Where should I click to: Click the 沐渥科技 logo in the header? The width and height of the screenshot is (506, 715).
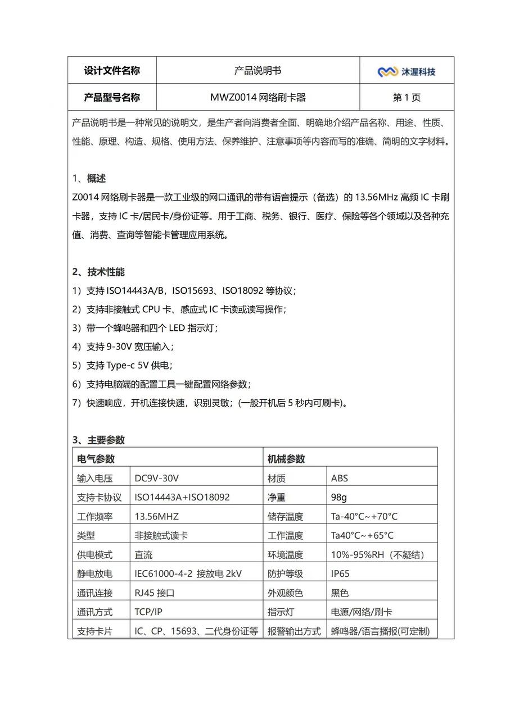click(x=406, y=71)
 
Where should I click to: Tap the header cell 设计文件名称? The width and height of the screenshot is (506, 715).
click(x=112, y=71)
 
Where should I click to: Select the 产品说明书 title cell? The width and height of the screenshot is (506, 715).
click(x=257, y=71)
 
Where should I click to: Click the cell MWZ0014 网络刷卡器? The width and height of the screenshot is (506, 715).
click(x=257, y=97)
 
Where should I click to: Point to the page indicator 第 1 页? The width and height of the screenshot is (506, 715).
click(x=406, y=97)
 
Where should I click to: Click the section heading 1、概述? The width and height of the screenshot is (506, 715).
click(x=89, y=179)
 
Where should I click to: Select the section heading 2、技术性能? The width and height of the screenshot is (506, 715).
click(x=98, y=272)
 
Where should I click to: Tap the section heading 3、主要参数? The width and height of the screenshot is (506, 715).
click(x=98, y=440)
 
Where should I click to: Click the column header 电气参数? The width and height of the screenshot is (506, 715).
click(x=96, y=459)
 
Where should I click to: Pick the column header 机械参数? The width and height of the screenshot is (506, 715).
click(x=287, y=459)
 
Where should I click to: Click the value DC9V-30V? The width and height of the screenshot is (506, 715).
click(x=157, y=479)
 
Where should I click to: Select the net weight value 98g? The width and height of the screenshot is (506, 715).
click(x=339, y=498)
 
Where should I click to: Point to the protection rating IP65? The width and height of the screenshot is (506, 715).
click(x=340, y=573)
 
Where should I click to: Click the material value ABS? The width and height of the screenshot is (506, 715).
click(x=340, y=479)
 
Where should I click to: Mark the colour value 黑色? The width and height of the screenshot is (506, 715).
click(x=340, y=593)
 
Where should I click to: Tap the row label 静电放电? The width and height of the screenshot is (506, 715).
click(x=95, y=573)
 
